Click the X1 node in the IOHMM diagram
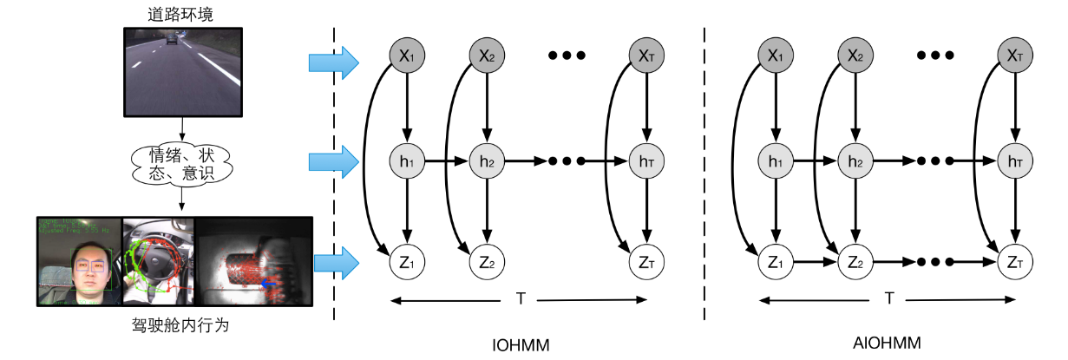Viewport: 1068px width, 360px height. pos(406,56)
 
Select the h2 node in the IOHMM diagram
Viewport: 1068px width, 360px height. pos(486,160)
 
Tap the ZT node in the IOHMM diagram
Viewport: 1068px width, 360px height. pos(645,259)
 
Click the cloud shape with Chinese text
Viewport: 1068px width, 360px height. pos(181,162)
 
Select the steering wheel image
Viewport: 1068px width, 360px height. pos(159,260)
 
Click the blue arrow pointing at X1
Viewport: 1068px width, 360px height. pos(333,62)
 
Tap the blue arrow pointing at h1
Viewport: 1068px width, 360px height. pos(333,160)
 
